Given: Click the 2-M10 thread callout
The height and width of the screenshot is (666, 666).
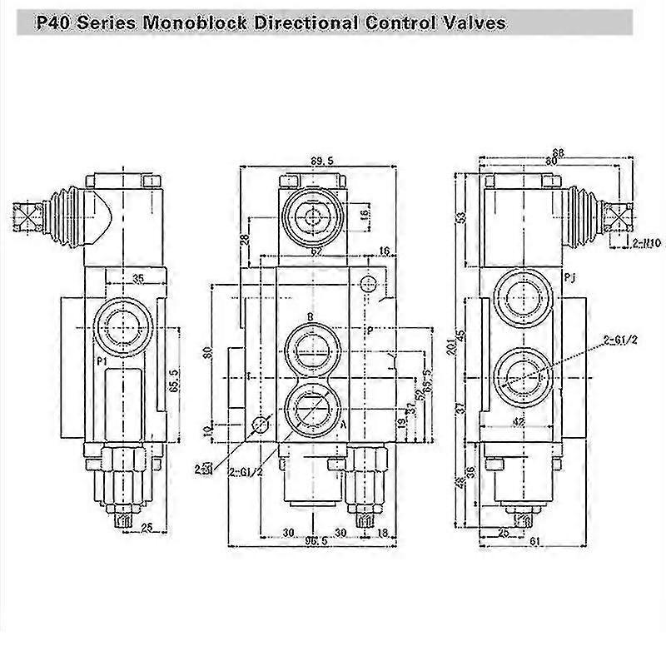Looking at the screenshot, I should [x=623, y=243].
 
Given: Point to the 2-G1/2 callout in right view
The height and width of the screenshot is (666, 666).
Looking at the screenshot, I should [x=620, y=339].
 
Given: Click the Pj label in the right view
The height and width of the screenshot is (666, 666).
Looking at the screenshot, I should [x=569, y=276].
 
